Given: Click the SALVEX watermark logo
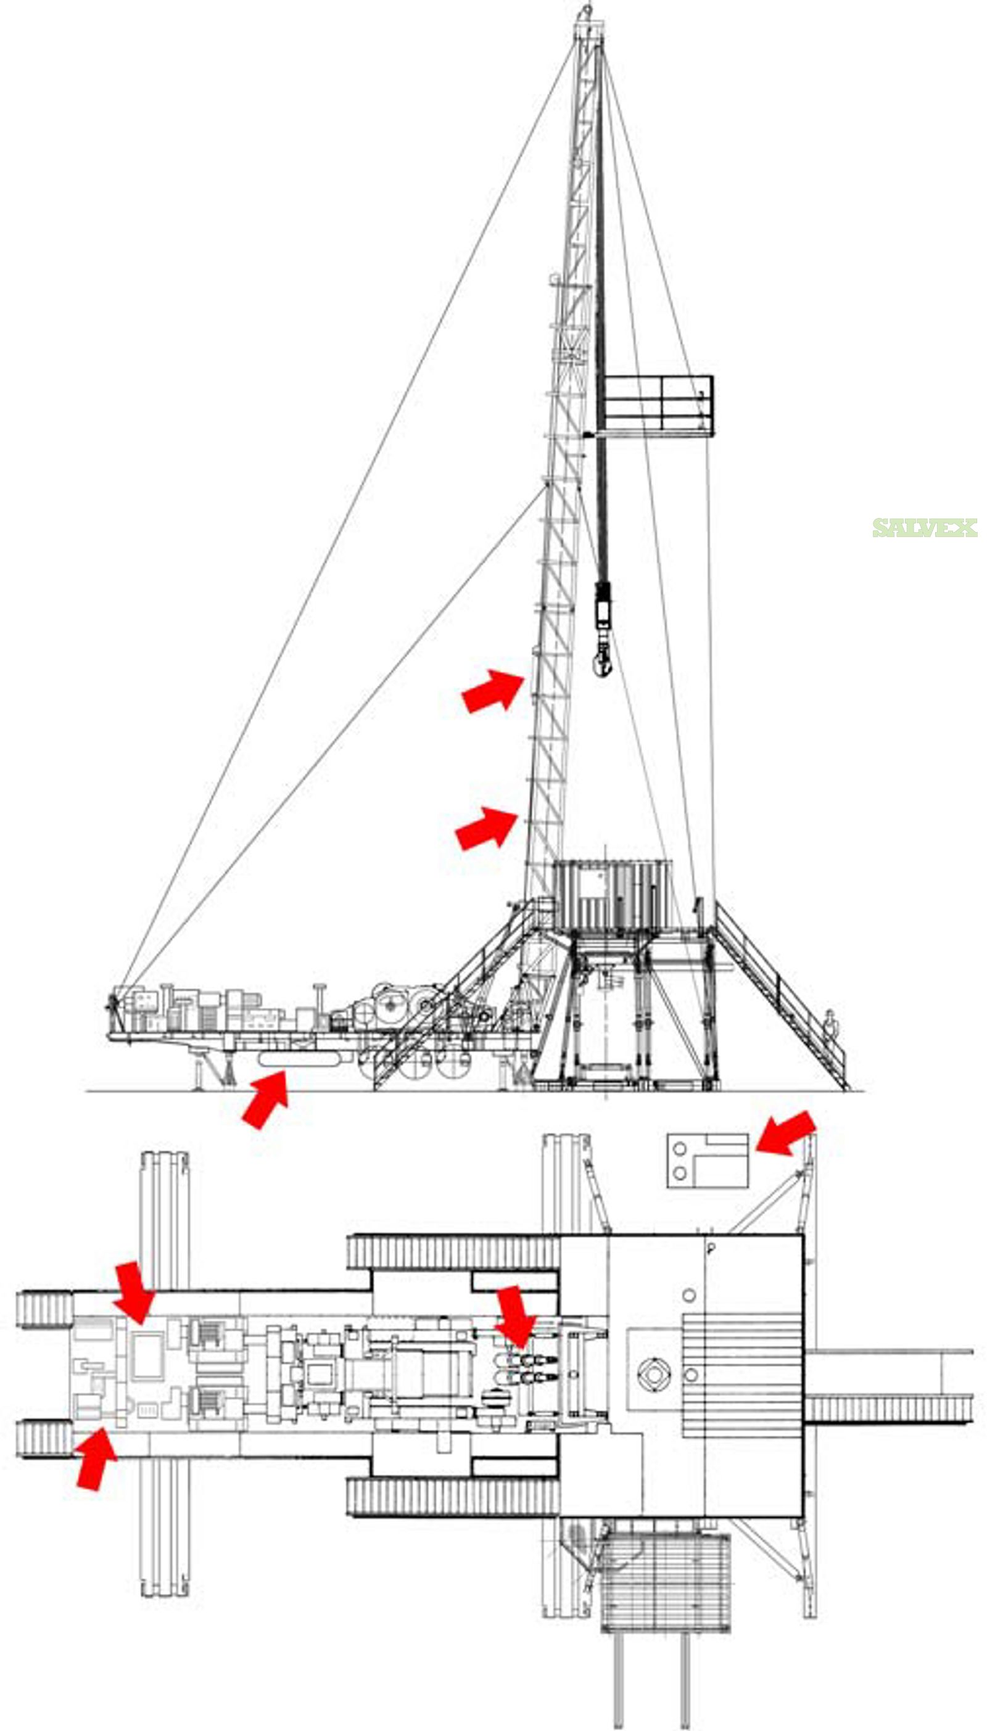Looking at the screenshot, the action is [925, 528].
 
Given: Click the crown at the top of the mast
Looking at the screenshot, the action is [587, 23].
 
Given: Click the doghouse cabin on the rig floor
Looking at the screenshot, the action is [613, 895].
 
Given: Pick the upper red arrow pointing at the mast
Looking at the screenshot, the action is [493, 689].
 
